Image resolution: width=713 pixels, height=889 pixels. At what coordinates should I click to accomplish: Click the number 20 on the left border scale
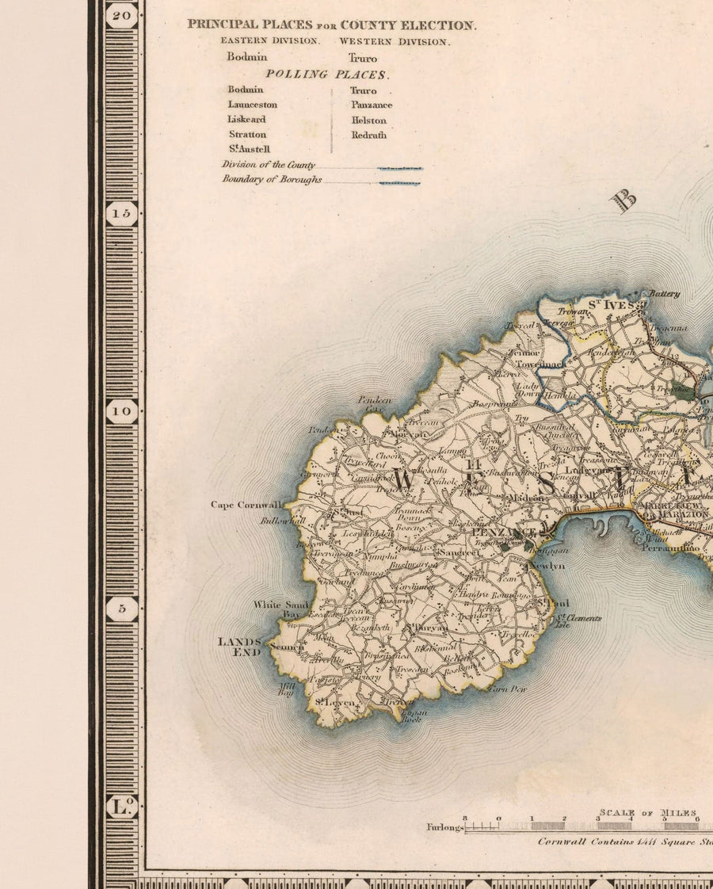pyautogui.click(x=122, y=14)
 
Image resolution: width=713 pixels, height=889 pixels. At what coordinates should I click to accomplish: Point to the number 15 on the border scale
pyautogui.click(x=122, y=213)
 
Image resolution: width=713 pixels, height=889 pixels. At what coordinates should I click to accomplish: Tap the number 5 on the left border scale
pyautogui.click(x=122, y=609)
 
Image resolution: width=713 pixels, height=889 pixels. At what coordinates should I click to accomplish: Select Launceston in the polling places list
pyautogui.click(x=253, y=105)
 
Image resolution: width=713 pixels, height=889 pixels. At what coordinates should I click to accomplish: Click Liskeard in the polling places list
pyautogui.click(x=246, y=120)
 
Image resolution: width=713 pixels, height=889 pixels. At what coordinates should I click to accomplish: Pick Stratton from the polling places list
pyautogui.click(x=247, y=135)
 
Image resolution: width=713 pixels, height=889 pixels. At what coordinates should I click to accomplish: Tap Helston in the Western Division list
pyautogui.click(x=369, y=120)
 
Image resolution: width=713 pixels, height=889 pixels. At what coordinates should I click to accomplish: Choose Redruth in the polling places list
pyautogui.click(x=369, y=135)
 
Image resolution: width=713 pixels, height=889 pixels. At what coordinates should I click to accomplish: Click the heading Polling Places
pyautogui.click(x=326, y=74)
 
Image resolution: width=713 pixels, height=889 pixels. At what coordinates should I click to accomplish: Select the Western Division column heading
pyautogui.click(x=394, y=41)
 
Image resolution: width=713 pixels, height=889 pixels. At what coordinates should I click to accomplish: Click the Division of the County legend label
pyautogui.click(x=269, y=165)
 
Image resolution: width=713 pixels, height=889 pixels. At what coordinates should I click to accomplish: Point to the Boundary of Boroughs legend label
pyautogui.click(x=272, y=180)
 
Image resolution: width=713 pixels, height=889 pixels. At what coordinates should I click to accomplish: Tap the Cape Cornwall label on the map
pyautogui.click(x=246, y=505)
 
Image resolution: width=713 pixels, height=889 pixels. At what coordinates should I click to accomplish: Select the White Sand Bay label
pyautogui.click(x=280, y=609)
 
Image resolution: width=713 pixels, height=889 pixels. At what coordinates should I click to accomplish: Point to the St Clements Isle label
pyautogui.click(x=578, y=621)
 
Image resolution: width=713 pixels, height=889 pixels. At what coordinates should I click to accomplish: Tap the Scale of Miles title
pyautogui.click(x=648, y=813)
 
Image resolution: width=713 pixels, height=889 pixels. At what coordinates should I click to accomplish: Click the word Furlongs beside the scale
pyautogui.click(x=444, y=827)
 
